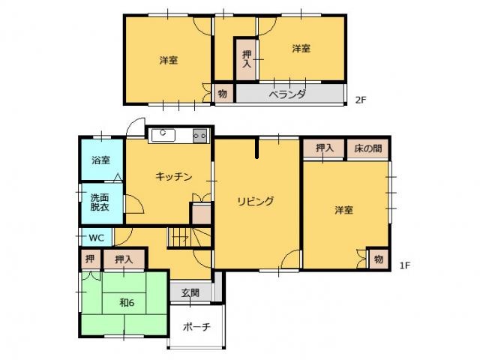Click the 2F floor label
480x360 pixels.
[x=361, y=100]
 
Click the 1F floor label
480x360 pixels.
[x=405, y=265]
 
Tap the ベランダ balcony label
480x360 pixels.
[x=286, y=94]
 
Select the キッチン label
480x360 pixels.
[x=173, y=176]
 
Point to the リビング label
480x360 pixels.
[x=255, y=201]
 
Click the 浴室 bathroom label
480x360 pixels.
[x=100, y=160]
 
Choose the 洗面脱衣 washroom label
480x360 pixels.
[x=100, y=202]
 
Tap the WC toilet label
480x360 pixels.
[x=96, y=238]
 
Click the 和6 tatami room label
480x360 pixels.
[x=127, y=303]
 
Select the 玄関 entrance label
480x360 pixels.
[x=190, y=292]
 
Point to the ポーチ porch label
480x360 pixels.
[x=196, y=327]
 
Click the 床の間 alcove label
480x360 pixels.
[x=368, y=148]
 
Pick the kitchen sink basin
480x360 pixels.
[x=163, y=136]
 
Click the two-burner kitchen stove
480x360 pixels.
[x=200, y=136]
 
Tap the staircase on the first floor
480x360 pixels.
[x=189, y=237]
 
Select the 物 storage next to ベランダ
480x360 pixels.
[x=223, y=94]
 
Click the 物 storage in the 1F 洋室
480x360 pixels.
[x=379, y=259]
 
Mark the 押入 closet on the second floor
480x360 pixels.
[x=247, y=59]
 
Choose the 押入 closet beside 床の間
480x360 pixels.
[x=325, y=148]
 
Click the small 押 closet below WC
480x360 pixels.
[x=90, y=259]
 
